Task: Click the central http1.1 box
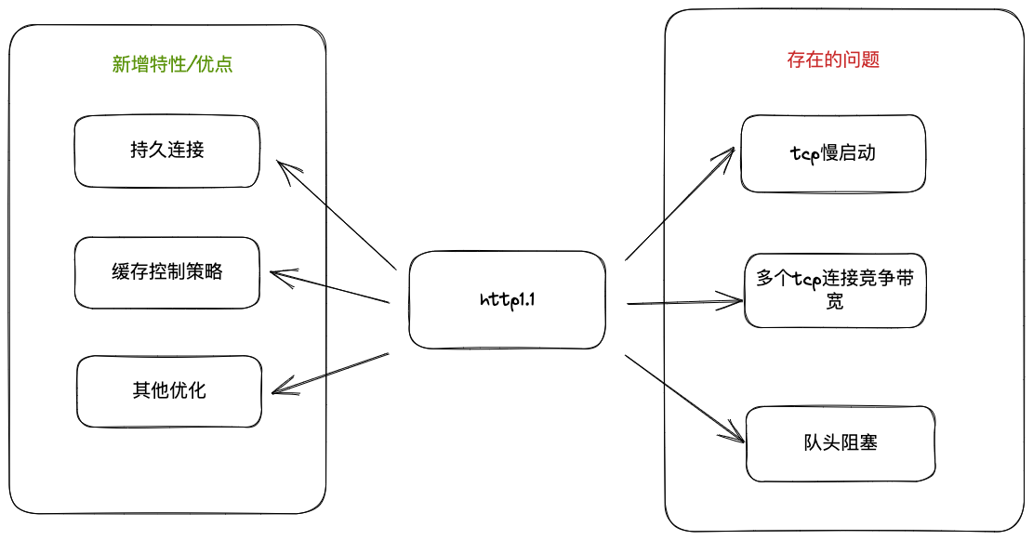tap(507, 299)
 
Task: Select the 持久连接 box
tap(167, 151)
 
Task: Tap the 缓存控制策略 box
tap(167, 272)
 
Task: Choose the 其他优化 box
tap(168, 390)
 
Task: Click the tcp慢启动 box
tap(833, 154)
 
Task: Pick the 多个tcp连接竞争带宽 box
tap(835, 289)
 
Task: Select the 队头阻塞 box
tap(840, 443)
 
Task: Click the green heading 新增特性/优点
tap(172, 64)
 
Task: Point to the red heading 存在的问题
tap(833, 60)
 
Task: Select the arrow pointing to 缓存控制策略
tap(329, 287)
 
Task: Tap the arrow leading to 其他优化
tap(330, 373)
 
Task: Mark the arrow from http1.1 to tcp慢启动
tap(682, 204)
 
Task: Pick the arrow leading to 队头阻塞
tap(685, 397)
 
